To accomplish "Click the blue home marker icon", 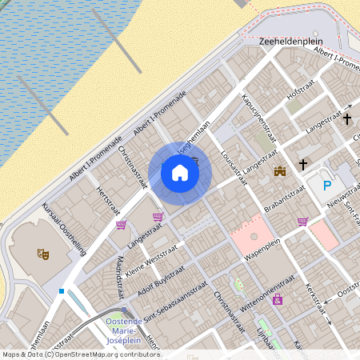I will click(x=180, y=173).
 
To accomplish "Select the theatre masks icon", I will click(x=43, y=254).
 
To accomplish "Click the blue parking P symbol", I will click(x=326, y=186).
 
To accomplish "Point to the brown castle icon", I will click(x=280, y=170).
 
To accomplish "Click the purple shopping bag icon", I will click(x=277, y=300).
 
